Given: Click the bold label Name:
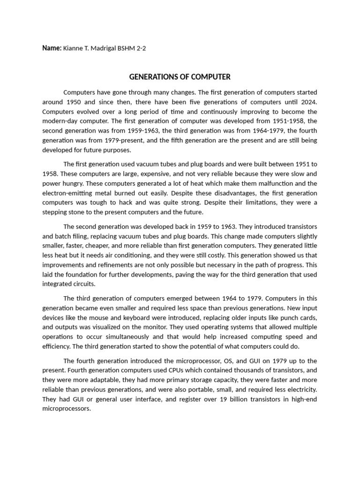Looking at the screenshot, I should [x=52, y=48].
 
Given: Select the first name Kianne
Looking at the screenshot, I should [x=73, y=48].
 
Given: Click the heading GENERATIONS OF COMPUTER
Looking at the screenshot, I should [x=180, y=77].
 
